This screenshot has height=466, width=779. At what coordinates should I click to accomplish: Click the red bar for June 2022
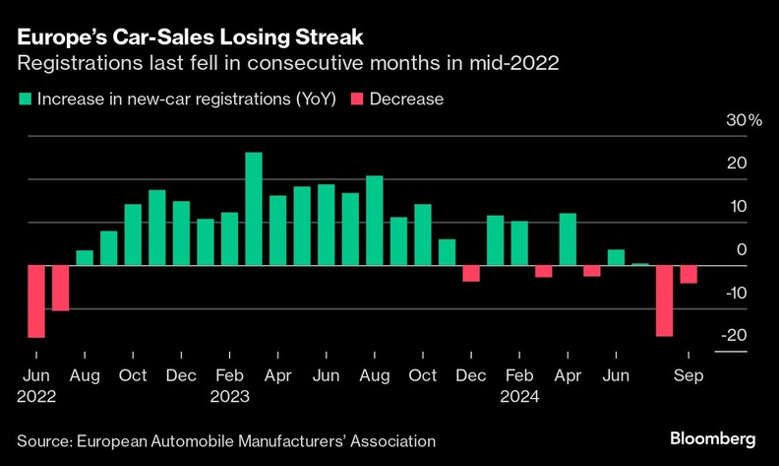click(x=36, y=301)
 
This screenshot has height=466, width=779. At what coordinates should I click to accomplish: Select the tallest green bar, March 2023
click(x=254, y=209)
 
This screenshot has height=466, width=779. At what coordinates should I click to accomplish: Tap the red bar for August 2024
click(x=664, y=300)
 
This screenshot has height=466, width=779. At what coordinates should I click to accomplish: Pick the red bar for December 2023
click(x=471, y=273)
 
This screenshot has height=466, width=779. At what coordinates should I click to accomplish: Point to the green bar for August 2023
click(x=374, y=221)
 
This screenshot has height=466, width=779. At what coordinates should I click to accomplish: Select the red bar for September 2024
click(x=689, y=274)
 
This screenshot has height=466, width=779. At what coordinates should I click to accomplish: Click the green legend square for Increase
click(x=23, y=100)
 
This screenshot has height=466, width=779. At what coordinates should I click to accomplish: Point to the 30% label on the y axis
click(x=744, y=120)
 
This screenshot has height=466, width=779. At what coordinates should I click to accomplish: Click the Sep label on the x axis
click(x=688, y=375)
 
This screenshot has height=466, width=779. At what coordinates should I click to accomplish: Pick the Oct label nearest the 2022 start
click(x=134, y=375)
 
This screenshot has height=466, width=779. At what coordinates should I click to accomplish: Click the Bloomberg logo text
click(x=712, y=437)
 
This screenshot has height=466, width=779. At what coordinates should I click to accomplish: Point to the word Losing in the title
click(x=245, y=38)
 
